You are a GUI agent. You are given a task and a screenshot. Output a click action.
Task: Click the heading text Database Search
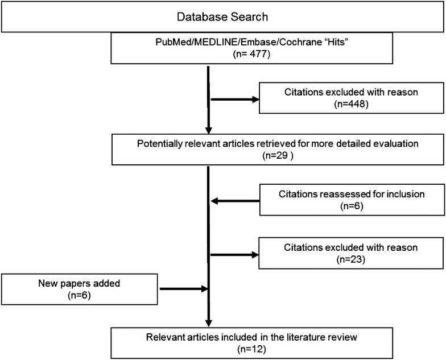tap(222, 17)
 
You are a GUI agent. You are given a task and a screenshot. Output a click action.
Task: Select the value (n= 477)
tap(223, 56)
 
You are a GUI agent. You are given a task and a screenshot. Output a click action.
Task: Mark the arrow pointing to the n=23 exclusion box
tap(234, 254)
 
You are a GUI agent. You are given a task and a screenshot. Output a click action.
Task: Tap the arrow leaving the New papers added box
tap(182, 288)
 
